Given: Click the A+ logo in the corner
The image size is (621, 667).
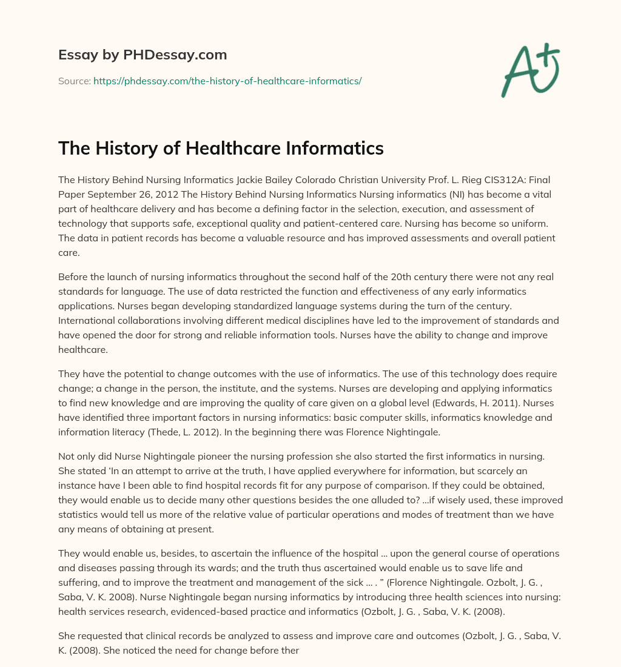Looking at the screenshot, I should pos(529,71).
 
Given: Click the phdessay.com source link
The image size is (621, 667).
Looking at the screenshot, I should pos(227,81).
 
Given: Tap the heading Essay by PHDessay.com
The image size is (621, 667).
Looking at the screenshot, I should pos(143,55).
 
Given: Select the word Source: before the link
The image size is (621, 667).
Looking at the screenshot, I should pos(74,81).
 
